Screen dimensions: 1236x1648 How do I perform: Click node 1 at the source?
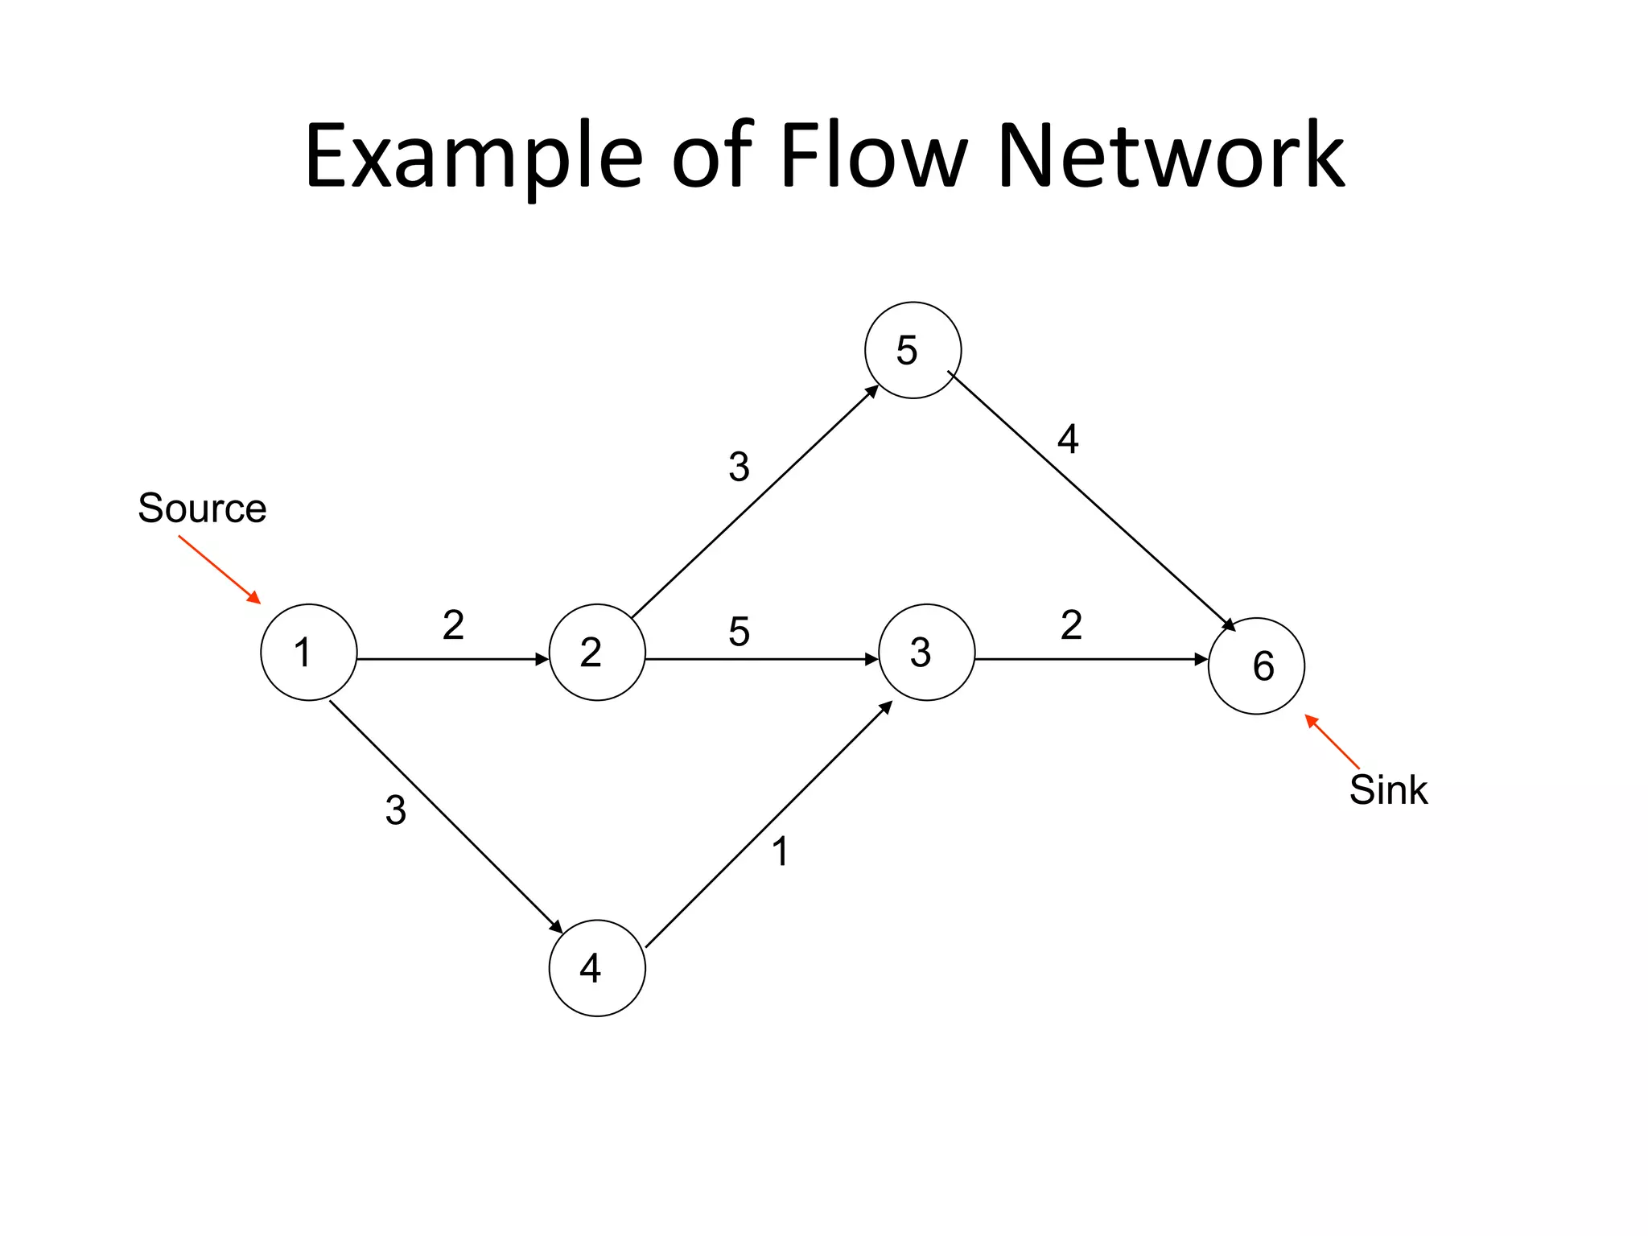coord(309,652)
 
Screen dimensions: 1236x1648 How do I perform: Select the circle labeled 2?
coord(597,652)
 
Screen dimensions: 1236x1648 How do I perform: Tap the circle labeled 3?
coord(926,652)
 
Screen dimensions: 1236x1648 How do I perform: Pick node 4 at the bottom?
coord(597,968)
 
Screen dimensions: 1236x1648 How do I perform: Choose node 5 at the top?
coord(913,350)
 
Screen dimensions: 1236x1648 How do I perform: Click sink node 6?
coord(1256,665)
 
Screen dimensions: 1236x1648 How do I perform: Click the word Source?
coord(202,508)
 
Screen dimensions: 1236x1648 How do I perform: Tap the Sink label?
coord(1388,789)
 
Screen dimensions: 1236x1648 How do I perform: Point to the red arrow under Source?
coord(219,569)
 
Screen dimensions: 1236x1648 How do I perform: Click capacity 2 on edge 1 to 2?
coord(453,624)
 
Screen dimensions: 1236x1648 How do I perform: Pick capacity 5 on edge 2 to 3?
coord(739,631)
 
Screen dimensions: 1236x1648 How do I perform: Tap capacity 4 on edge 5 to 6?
coord(1067,439)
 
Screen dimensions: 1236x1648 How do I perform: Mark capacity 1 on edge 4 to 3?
coord(779,851)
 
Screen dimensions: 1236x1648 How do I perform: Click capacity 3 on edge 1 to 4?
coord(395,810)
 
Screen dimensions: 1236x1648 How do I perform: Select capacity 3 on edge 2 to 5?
coord(739,467)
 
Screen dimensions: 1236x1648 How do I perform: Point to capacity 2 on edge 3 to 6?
coord(1071,624)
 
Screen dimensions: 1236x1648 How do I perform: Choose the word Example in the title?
coord(473,157)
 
